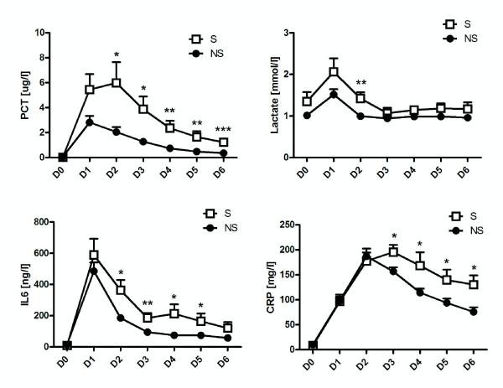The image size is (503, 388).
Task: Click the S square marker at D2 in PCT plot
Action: (117, 83)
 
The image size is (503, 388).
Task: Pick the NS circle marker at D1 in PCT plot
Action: (90, 122)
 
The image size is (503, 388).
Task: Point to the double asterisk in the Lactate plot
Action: (360, 83)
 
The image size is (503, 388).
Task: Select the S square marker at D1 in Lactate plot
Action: (334, 72)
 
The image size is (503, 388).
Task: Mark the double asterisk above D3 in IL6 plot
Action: (148, 303)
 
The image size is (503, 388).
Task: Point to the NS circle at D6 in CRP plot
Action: (474, 312)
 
